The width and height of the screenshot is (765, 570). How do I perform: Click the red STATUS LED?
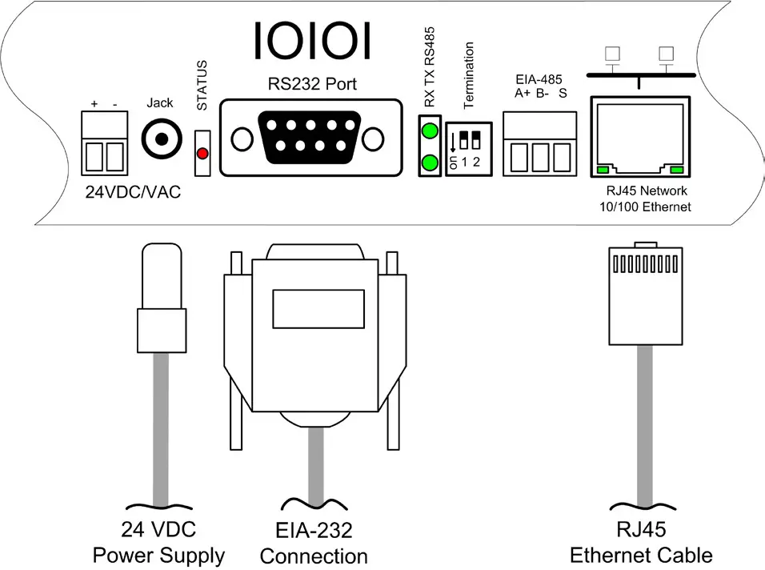202,152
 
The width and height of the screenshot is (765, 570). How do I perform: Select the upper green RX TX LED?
431,130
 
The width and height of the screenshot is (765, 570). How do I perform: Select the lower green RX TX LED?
431,163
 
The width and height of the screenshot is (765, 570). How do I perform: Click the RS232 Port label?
312,83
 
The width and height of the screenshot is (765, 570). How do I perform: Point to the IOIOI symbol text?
312,40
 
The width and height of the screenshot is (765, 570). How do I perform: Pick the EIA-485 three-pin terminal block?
540,144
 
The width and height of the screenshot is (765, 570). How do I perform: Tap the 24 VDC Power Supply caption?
158,542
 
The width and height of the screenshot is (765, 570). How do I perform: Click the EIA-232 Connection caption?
314,543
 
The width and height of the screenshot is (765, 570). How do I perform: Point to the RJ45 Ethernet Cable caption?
640,542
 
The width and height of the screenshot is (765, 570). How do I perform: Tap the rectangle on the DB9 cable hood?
313,307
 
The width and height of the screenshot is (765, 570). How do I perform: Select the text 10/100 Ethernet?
645,207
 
